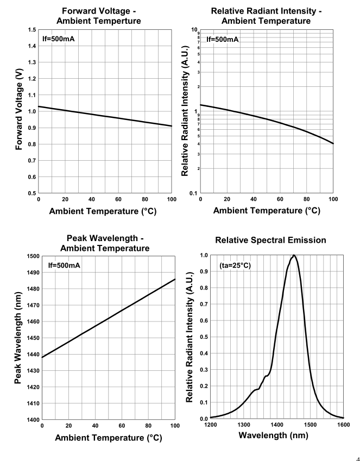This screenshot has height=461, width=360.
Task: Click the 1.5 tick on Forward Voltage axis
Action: point(32,30)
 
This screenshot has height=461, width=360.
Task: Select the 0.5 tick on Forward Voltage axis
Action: point(32,193)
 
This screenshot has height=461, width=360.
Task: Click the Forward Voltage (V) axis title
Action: point(19,109)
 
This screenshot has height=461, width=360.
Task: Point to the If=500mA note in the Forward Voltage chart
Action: point(59,39)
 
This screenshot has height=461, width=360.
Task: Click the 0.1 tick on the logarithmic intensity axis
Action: point(193,193)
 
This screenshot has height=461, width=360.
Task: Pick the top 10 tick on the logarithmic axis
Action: point(194,29)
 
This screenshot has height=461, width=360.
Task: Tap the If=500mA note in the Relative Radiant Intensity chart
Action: point(223,40)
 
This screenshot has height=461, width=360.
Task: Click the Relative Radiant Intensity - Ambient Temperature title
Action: point(266,16)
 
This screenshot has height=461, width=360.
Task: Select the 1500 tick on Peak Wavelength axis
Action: point(33,256)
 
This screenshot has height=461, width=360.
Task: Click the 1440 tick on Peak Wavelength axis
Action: point(33,354)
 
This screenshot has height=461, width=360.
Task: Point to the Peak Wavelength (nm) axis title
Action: point(17,338)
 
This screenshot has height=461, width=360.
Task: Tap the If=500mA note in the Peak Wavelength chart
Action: point(64,266)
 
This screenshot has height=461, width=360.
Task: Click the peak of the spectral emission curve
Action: point(294,255)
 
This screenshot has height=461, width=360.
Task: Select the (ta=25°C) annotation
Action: point(235,266)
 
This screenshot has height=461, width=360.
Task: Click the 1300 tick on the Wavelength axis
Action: point(244,425)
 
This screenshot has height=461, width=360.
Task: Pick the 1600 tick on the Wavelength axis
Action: point(343,425)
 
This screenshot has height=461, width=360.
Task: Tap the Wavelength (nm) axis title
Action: point(273,435)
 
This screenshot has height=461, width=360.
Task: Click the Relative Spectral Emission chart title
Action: point(270,240)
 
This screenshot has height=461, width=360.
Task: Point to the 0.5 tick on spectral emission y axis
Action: point(204,337)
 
